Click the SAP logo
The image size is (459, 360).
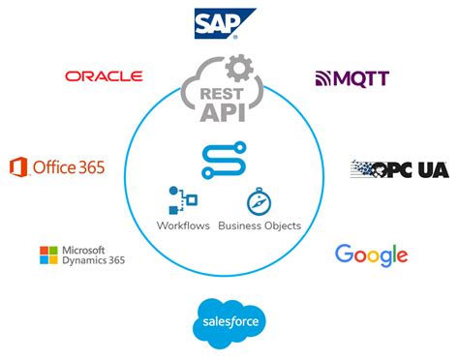click(225, 22)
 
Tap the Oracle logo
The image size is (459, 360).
click(104, 75)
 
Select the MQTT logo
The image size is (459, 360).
click(352, 77)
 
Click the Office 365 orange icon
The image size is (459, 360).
click(18, 167)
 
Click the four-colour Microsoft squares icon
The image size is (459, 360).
click(48, 255)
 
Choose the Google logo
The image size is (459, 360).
click(371, 255)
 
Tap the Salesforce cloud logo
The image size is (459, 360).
click(229, 321)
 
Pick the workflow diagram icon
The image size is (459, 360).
click(182, 200)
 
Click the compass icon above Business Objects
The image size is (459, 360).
click(259, 201)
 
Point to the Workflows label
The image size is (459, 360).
click(182, 225)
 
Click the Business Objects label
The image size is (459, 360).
click(259, 225)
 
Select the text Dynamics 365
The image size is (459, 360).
click(93, 260)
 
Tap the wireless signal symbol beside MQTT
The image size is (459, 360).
click(322, 77)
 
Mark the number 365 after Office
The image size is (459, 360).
click(88, 167)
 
